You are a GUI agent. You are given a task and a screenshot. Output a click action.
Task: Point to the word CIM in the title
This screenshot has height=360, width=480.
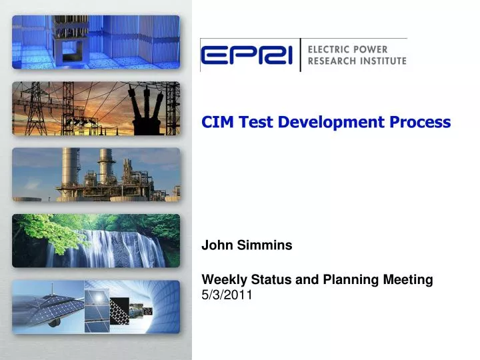click(217, 122)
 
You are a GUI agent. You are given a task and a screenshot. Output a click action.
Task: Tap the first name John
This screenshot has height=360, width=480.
click(215, 245)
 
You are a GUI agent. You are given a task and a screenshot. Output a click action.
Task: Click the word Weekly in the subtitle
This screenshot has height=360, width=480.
click(223, 280)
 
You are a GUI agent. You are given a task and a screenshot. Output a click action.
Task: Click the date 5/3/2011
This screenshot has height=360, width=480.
click(226, 295)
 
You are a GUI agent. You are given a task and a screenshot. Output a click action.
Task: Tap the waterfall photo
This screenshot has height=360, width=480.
click(96, 241)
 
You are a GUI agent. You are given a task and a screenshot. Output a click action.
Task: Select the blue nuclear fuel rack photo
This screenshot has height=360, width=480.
click(96, 42)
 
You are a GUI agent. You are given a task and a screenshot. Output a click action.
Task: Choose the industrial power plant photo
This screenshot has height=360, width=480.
click(96, 175)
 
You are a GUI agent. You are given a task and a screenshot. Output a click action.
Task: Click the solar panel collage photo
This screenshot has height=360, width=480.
click(96, 306)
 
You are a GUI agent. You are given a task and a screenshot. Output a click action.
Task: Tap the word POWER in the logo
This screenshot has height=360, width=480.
click(382, 49)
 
